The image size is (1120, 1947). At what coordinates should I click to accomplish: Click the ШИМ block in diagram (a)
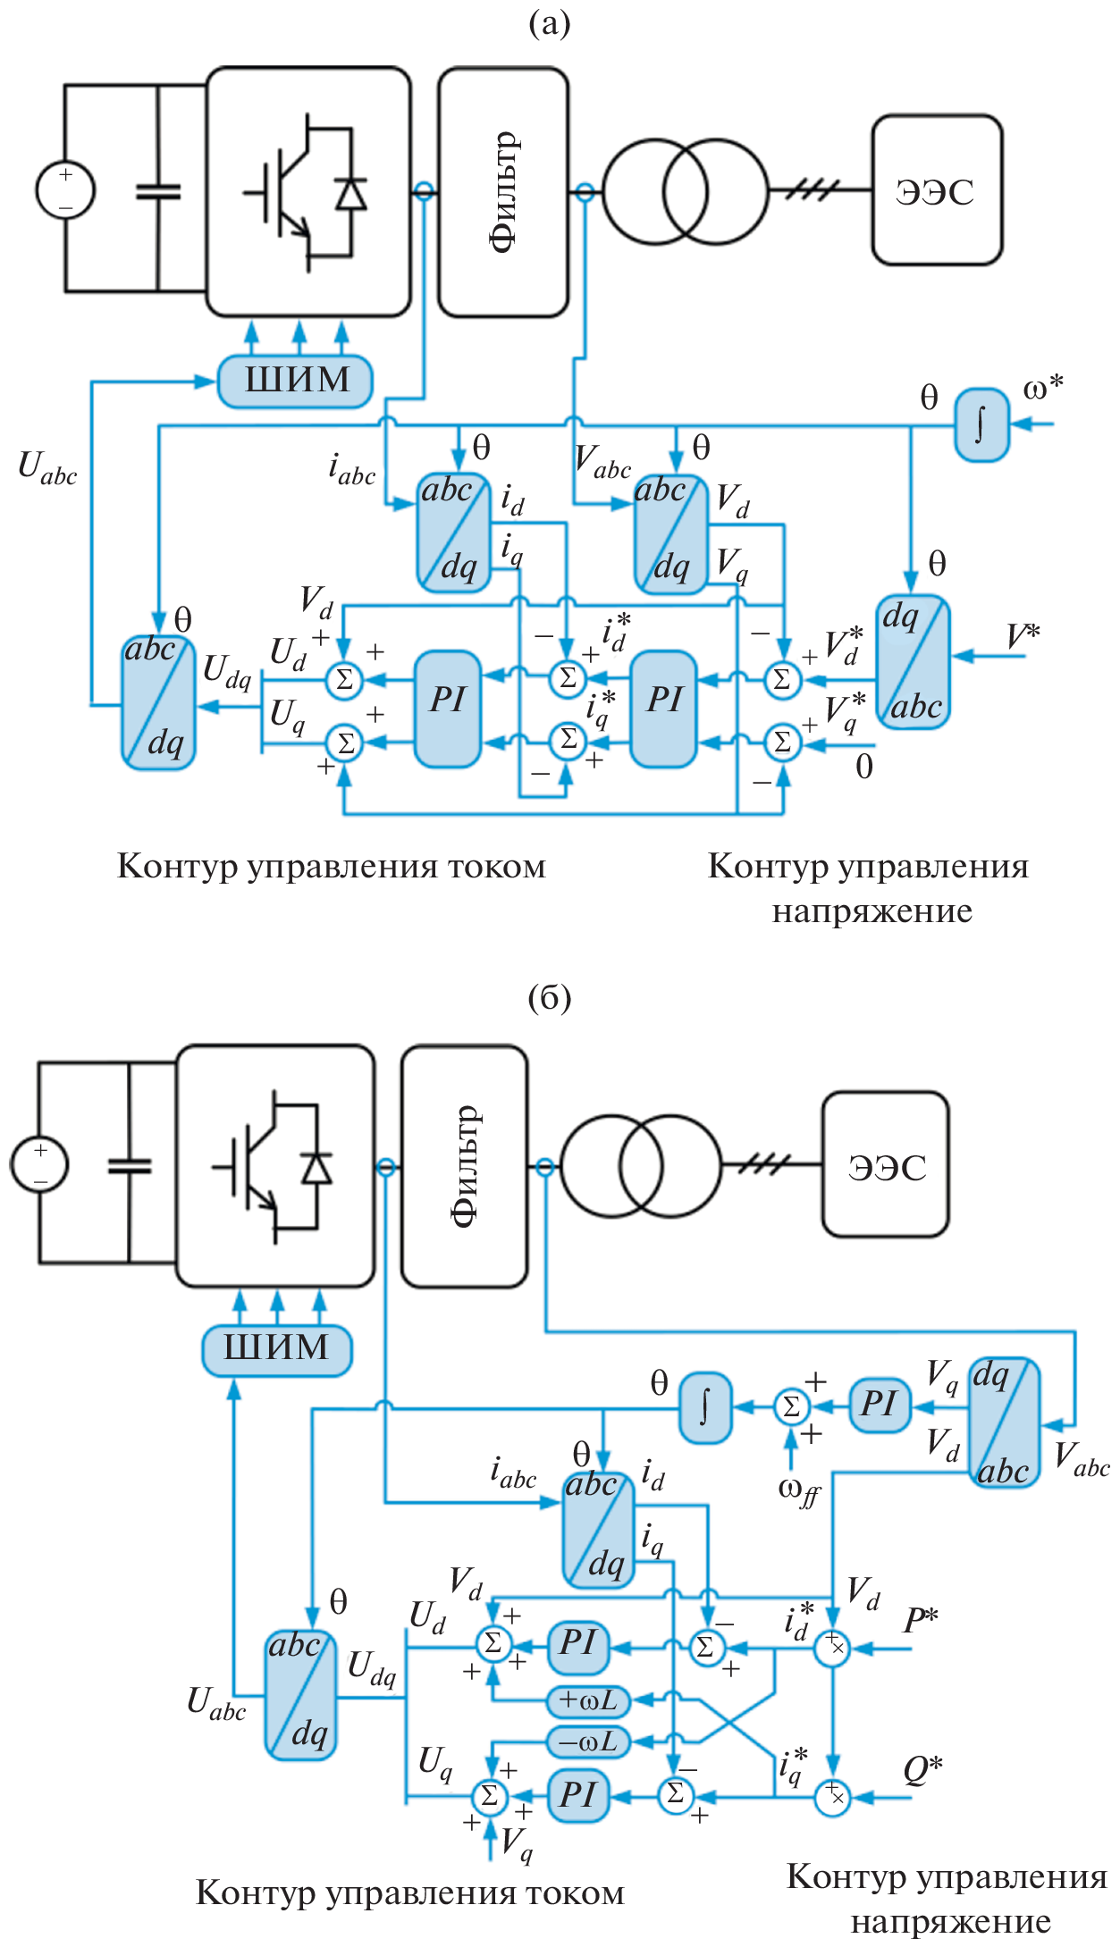(296, 381)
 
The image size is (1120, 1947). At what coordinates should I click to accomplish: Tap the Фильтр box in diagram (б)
(464, 1166)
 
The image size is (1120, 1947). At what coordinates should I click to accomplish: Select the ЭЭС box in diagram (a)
(937, 190)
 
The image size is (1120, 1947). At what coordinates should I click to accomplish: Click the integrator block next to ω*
(981, 424)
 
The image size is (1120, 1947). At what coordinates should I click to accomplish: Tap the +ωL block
(588, 1700)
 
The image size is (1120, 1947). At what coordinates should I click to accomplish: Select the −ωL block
(588, 1741)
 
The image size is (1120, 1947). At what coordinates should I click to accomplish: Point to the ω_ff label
(798, 1490)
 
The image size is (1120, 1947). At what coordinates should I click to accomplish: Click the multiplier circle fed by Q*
(833, 1796)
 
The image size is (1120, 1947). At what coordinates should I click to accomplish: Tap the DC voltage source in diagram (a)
(65, 189)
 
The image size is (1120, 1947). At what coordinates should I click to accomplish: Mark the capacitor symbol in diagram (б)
(130, 1165)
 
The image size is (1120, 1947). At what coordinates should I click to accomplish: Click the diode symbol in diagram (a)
(350, 194)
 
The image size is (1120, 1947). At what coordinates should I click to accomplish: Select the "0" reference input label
(863, 767)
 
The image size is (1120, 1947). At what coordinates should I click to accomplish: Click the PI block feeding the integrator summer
(880, 1406)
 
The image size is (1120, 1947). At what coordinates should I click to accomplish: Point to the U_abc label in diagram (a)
(47, 468)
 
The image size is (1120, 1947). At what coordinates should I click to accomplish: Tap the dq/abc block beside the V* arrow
(913, 661)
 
